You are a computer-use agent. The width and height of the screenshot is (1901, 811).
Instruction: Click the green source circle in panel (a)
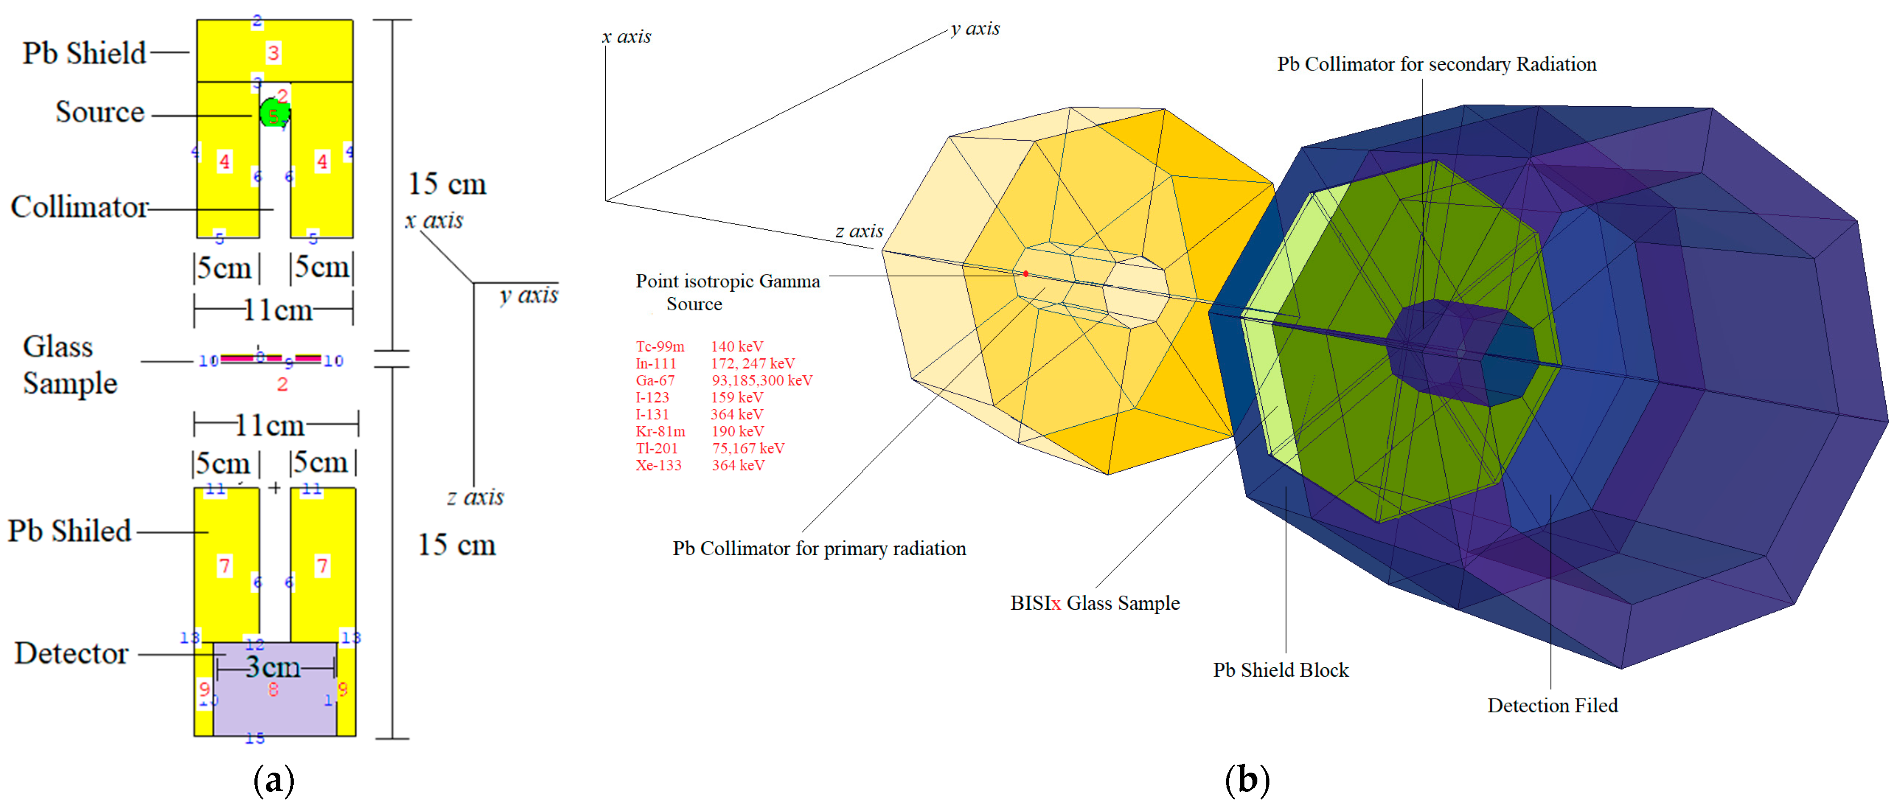click(274, 113)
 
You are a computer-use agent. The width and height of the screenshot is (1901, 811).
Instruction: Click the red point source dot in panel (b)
click(1026, 274)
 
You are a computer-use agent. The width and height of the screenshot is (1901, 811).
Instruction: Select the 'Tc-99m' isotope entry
click(660, 346)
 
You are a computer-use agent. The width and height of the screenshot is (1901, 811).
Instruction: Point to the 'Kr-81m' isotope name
click(661, 431)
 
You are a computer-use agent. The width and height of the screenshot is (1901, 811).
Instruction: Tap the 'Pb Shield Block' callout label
click(1281, 670)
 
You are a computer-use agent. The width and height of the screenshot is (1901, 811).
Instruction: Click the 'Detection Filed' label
click(1552, 706)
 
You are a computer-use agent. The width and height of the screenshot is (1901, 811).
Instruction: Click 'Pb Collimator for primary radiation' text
click(819, 548)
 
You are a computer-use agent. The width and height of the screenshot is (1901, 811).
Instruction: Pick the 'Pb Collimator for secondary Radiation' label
click(1436, 64)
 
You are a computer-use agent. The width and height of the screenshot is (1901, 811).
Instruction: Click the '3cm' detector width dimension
click(273, 667)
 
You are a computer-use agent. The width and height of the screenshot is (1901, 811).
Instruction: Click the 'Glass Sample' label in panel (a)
click(69, 365)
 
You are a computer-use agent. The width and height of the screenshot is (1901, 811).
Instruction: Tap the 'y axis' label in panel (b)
click(975, 28)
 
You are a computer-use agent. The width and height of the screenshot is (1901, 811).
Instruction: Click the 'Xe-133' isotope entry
click(658, 465)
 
